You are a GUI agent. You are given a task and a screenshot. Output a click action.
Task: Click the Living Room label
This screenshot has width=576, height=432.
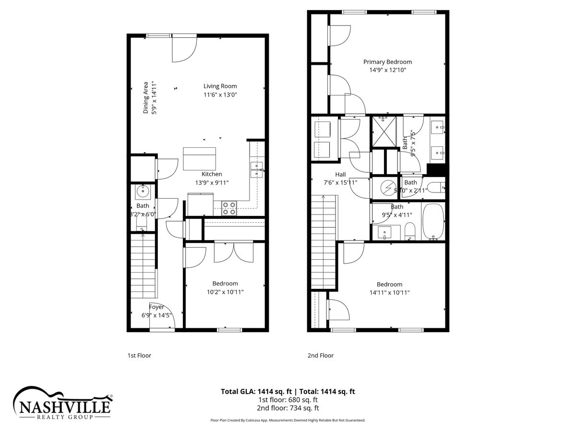click(220, 86)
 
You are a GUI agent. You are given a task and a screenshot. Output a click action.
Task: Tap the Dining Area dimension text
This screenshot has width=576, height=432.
click(155, 97)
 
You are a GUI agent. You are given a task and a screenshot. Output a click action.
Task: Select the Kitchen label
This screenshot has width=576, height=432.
click(212, 174)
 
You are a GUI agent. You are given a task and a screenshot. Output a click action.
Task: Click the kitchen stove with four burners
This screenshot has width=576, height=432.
click(229, 208)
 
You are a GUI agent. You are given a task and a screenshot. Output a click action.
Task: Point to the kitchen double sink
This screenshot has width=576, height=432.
click(256, 170)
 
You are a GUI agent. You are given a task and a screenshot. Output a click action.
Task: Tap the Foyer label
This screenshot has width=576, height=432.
click(156, 307)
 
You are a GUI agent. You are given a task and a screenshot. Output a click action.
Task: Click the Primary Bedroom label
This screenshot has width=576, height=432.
click(387, 62)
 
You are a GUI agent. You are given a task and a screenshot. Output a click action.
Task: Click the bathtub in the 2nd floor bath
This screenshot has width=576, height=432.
click(433, 221)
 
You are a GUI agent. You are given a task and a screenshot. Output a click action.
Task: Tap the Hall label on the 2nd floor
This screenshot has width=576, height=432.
click(341, 175)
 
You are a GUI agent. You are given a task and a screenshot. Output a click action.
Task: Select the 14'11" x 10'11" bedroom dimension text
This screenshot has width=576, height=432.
click(389, 292)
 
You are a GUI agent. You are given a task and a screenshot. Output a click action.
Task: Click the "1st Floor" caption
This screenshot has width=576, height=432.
click(139, 356)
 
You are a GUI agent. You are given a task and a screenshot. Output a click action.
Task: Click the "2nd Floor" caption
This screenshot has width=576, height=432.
click(321, 356)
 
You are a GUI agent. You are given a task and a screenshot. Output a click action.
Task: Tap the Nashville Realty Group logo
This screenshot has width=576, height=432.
click(63, 403)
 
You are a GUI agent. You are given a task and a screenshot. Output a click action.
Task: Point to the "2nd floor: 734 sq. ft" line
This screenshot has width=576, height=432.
click(288, 408)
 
